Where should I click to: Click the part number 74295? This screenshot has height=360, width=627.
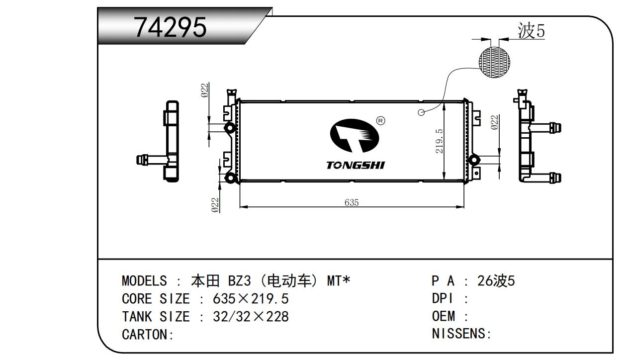171,27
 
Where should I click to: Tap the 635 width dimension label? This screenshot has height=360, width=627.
352,202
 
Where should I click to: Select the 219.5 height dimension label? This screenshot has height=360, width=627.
439,141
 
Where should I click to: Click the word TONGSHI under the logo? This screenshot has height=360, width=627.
356,165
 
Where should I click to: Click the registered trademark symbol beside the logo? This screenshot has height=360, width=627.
381,121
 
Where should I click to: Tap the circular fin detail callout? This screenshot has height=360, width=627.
494,62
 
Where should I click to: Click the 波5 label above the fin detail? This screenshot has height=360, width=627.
531,30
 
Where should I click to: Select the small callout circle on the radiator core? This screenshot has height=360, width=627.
421,112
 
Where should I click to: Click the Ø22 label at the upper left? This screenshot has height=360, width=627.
205,90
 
